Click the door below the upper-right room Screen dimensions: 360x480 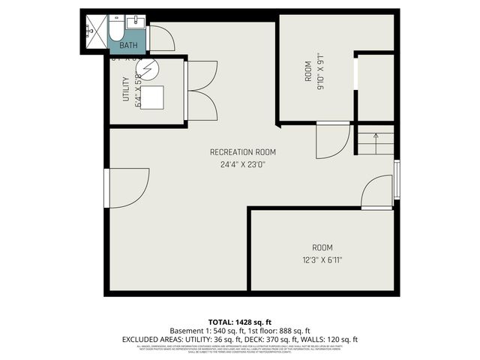[331, 140]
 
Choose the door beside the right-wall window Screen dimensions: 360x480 [376, 192]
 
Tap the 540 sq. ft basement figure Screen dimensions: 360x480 [213, 330]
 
